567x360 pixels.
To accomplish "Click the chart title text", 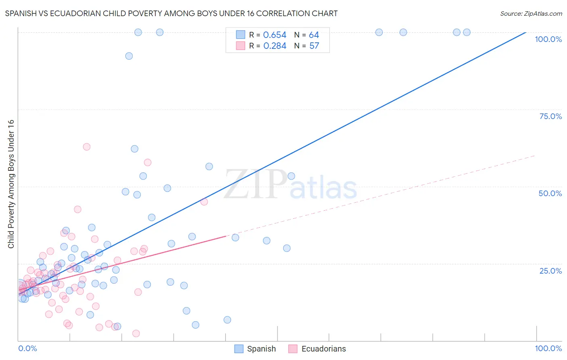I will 171,13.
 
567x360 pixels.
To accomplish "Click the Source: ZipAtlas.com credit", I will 531,13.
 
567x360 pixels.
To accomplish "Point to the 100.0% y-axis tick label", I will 548,39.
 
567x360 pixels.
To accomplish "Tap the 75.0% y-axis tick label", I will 550,116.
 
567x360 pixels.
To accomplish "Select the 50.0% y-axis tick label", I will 550,193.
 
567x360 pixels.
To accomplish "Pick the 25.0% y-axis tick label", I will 550,270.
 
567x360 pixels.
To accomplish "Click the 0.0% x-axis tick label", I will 27,348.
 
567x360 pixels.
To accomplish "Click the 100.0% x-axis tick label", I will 548,348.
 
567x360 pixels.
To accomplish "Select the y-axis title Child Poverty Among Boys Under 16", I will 11,184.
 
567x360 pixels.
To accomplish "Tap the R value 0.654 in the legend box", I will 275,35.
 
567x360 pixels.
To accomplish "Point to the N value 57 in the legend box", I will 314,46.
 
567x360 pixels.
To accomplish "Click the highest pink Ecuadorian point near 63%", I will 86,147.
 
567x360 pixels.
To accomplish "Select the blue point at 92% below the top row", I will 129,56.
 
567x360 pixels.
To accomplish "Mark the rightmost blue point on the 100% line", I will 467,32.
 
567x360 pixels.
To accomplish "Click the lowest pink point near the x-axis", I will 136,333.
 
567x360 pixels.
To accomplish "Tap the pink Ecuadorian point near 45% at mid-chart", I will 204,202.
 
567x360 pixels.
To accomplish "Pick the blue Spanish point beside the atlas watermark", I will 291,176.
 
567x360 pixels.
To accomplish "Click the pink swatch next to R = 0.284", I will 240,46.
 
